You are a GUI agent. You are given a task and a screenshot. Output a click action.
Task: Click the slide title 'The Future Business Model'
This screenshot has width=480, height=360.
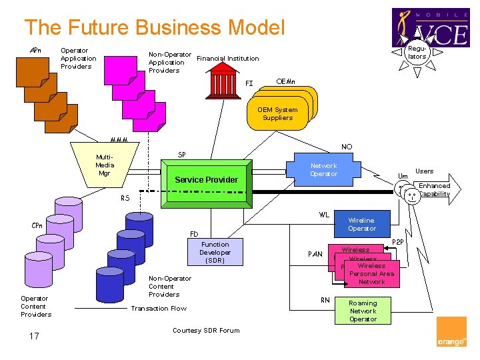tap(155, 27)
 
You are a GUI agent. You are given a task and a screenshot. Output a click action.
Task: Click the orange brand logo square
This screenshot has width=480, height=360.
tap(451, 332)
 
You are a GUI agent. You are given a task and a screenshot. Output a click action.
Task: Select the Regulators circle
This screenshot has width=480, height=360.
tap(417, 53)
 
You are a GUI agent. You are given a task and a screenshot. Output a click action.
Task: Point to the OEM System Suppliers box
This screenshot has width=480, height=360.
tap(278, 114)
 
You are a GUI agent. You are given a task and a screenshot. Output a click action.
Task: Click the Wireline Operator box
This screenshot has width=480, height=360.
tap(361, 225)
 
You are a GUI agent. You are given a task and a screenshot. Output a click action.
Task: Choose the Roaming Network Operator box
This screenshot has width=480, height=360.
tap(363, 311)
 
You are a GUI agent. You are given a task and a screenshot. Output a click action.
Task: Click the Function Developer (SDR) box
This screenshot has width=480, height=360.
tap(215, 253)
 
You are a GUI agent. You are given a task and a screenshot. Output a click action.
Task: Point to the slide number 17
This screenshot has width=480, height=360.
tap(34, 336)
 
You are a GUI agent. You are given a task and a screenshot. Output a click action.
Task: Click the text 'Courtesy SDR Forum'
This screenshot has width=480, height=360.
tap(206, 331)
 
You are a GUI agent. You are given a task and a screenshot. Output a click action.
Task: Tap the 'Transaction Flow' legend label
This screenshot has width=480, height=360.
tap(159, 308)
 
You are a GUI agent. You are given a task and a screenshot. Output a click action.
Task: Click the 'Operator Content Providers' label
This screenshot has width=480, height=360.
tap(36, 307)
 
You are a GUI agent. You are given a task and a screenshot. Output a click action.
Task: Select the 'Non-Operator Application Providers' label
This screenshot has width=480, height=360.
tap(169, 63)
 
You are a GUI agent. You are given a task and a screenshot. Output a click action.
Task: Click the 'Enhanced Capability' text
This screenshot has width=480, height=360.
tap(434, 190)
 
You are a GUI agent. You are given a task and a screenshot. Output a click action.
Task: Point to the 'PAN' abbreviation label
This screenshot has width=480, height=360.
tap(315, 254)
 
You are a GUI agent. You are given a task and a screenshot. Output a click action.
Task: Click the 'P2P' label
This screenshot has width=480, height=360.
tap(398, 242)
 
